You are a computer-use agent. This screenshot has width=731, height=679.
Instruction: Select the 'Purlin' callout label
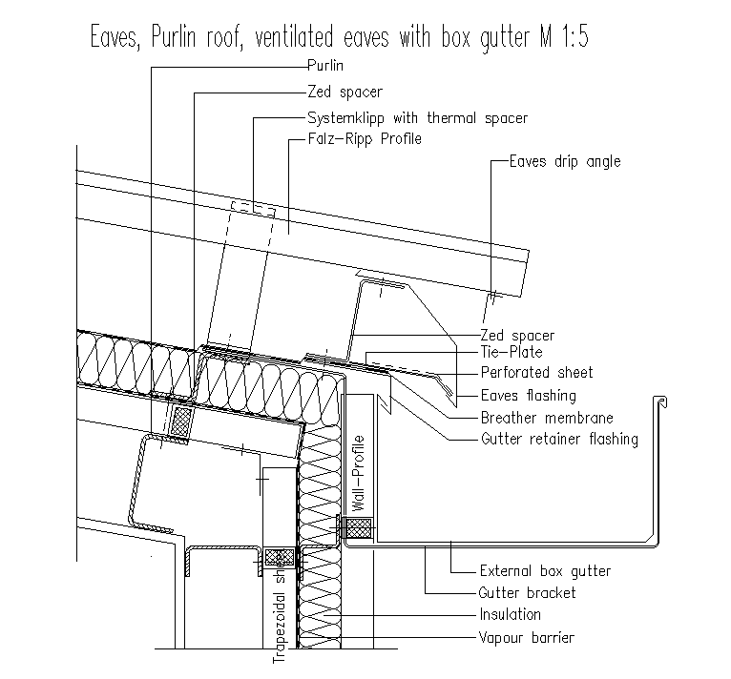pyautogui.click(x=325, y=67)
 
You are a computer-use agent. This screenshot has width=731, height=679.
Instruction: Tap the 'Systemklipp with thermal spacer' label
pyautogui.click(x=417, y=118)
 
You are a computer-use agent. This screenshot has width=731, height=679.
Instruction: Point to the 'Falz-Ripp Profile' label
pyautogui.click(x=364, y=139)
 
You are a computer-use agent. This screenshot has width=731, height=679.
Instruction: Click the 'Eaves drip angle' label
pyautogui.click(x=564, y=161)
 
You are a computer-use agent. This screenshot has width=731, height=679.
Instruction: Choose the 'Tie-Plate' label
pyautogui.click(x=511, y=353)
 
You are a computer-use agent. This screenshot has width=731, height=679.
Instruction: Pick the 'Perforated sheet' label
pyautogui.click(x=536, y=373)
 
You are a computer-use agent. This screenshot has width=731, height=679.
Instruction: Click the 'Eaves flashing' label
pyautogui.click(x=528, y=395)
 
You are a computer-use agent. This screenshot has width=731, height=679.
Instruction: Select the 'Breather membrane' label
pyautogui.click(x=546, y=418)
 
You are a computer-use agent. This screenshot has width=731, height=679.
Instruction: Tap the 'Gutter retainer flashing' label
pyautogui.click(x=558, y=440)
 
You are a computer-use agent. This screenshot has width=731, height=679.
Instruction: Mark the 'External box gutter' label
pyautogui.click(x=544, y=571)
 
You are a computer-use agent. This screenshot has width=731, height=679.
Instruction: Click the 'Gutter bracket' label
pyautogui.click(x=527, y=593)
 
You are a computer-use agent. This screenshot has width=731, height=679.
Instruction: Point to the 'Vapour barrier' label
pyautogui.click(x=527, y=638)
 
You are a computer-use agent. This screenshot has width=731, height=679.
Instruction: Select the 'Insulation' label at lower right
pyautogui.click(x=510, y=615)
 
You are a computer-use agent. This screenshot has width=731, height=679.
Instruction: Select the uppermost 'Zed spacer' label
pyautogui.click(x=345, y=93)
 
